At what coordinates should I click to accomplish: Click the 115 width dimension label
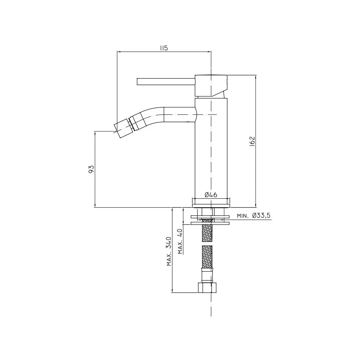point(164,48)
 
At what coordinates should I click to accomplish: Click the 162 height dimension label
point(252,141)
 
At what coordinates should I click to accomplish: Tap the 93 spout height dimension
point(91,169)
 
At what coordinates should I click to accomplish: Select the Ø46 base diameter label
point(211,195)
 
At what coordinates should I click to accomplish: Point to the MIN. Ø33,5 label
point(254,216)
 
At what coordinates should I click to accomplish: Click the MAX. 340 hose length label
point(169,251)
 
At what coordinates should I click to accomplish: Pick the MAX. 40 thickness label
point(180,242)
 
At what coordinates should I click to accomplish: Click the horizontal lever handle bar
point(166,81)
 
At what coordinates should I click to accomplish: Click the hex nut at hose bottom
point(207,288)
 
